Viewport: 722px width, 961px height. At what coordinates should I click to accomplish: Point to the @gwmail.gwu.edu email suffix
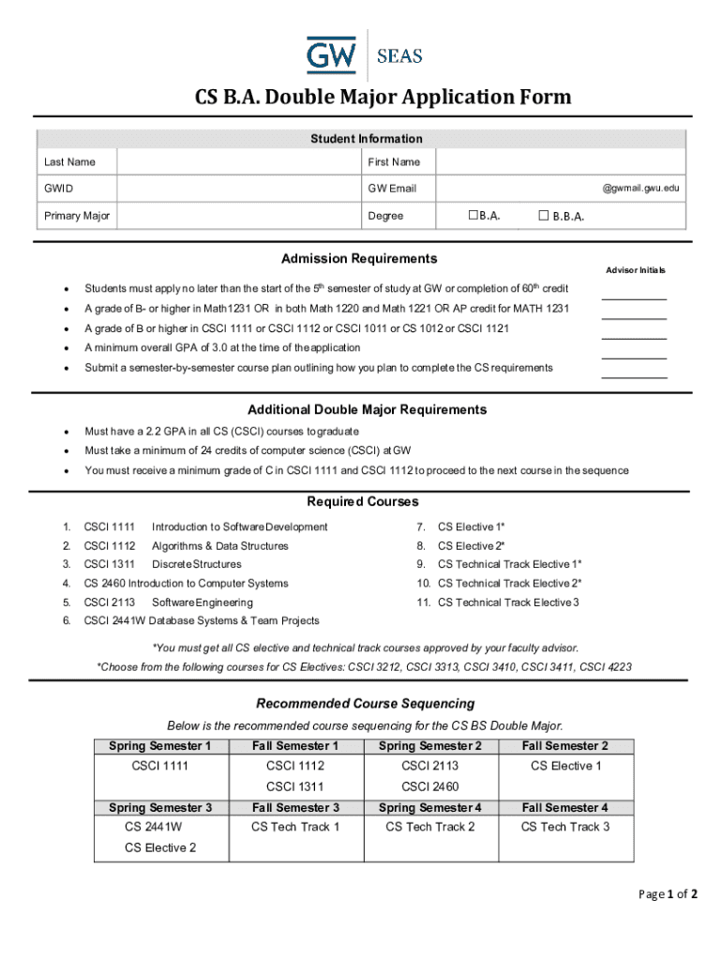640,189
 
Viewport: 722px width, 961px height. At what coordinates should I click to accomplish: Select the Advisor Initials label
635,270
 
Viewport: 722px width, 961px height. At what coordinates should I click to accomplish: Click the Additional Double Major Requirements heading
367,410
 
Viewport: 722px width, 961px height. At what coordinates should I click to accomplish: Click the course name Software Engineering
203,603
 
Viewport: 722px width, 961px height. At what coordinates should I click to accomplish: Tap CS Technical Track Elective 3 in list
508,603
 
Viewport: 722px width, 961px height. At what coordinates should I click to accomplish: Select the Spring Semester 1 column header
161,746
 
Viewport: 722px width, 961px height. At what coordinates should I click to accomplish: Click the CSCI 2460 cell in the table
429,786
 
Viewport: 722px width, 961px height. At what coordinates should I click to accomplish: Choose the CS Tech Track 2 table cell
430,827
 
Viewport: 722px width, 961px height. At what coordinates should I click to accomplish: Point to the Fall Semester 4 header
565,807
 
